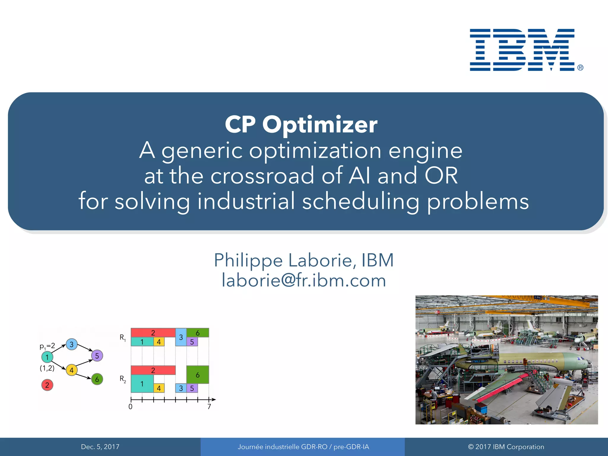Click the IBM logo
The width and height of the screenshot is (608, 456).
522,50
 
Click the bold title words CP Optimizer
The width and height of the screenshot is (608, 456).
301,125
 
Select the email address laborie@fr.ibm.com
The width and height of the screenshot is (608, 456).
304,280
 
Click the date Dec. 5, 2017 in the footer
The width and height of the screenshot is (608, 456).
100,447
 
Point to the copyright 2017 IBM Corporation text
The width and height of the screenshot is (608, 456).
506,447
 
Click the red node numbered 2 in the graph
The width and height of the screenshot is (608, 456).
47,385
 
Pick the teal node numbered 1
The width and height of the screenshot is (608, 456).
47,357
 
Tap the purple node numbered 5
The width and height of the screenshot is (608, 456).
97,356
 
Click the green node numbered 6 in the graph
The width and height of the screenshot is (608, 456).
97,379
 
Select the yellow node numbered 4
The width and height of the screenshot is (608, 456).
72,370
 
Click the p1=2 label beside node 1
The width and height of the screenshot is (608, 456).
47,346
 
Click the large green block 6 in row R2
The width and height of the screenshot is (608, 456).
198,375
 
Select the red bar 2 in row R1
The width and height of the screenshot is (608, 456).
153,332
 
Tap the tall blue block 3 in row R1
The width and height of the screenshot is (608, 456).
181,337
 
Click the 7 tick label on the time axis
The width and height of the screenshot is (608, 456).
209,407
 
